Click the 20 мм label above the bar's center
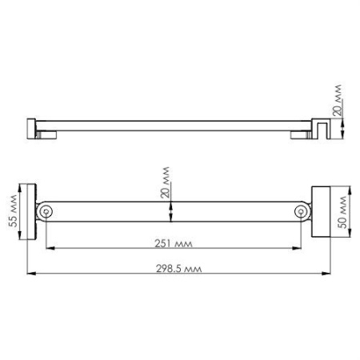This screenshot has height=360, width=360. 164,182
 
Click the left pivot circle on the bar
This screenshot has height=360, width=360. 46,212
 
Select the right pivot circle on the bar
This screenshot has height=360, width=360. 301,212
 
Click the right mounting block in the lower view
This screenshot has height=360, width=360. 321,211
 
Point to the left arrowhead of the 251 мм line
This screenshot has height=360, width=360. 49,249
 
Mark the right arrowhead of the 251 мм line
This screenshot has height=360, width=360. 298,249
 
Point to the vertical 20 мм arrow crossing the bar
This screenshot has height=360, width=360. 170,212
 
